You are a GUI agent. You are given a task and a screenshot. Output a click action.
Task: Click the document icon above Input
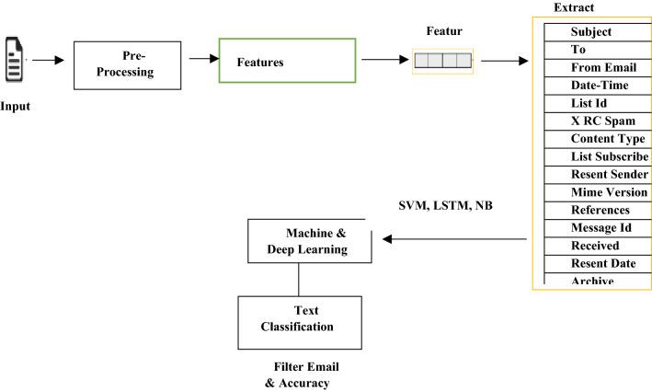point(15,60)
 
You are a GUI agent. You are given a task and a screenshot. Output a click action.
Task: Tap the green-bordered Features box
point(287,62)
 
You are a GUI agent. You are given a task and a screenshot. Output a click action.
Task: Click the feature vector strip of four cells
point(442,63)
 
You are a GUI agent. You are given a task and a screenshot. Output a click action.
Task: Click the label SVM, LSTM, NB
point(445,205)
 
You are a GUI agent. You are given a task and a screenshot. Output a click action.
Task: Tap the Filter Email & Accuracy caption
point(300,374)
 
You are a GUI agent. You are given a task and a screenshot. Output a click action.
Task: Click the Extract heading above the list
point(573,7)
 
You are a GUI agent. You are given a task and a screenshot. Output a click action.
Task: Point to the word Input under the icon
point(15,106)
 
